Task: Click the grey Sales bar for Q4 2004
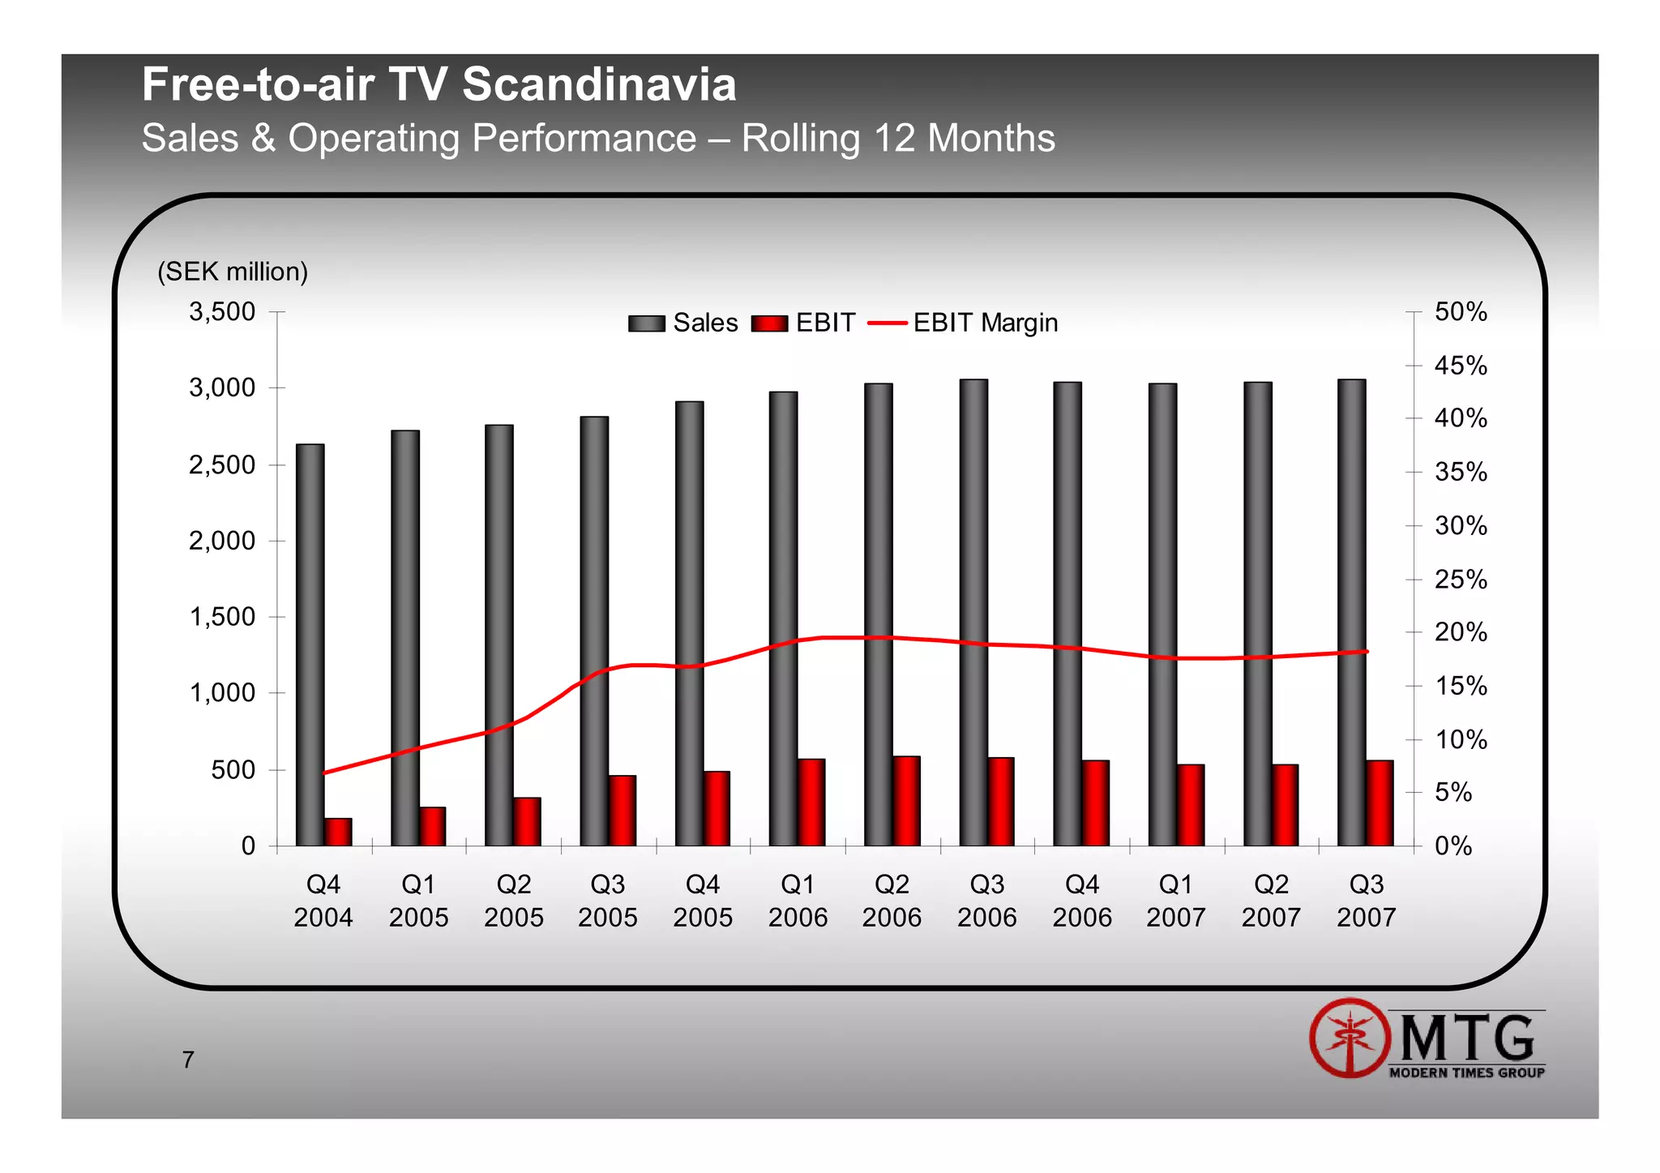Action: click(310, 644)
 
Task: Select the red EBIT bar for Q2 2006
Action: click(906, 801)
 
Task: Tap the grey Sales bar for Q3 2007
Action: click(1351, 612)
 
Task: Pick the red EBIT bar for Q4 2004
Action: click(338, 832)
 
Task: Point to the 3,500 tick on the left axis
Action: click(222, 311)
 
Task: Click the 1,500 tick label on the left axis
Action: click(222, 617)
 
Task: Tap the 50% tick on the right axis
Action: click(1461, 311)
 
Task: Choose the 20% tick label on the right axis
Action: click(1461, 632)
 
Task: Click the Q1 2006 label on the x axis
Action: click(798, 901)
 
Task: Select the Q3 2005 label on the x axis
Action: click(608, 901)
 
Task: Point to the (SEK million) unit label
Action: click(233, 272)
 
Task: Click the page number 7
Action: click(188, 1060)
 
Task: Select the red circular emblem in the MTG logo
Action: click(1349, 1038)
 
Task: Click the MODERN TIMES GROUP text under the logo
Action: click(1466, 1072)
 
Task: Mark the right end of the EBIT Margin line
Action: click(1367, 652)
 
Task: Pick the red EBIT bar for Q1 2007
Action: click(1191, 805)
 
